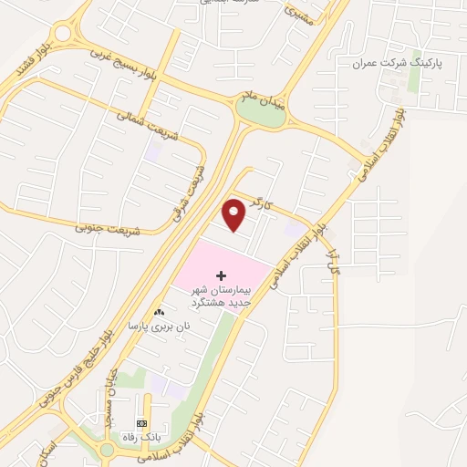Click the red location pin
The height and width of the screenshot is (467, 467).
pyautogui.click(x=234, y=214)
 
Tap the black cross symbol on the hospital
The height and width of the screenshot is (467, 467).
pyautogui.click(x=221, y=275)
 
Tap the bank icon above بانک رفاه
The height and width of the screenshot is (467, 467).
pyautogui.click(x=141, y=423)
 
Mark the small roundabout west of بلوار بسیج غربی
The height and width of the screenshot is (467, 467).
pyautogui.click(x=62, y=35)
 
